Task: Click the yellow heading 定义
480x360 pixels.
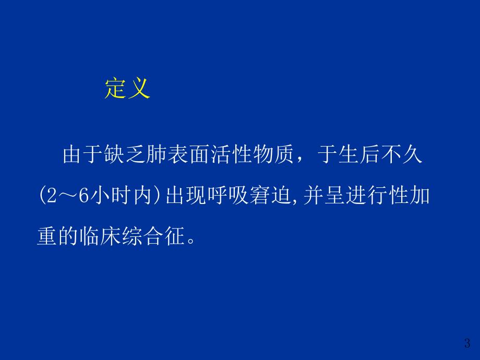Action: pyautogui.click(x=127, y=88)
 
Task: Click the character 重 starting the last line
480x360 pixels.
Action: pyautogui.click(x=47, y=237)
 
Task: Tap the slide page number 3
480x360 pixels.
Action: pyautogui.click(x=466, y=343)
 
